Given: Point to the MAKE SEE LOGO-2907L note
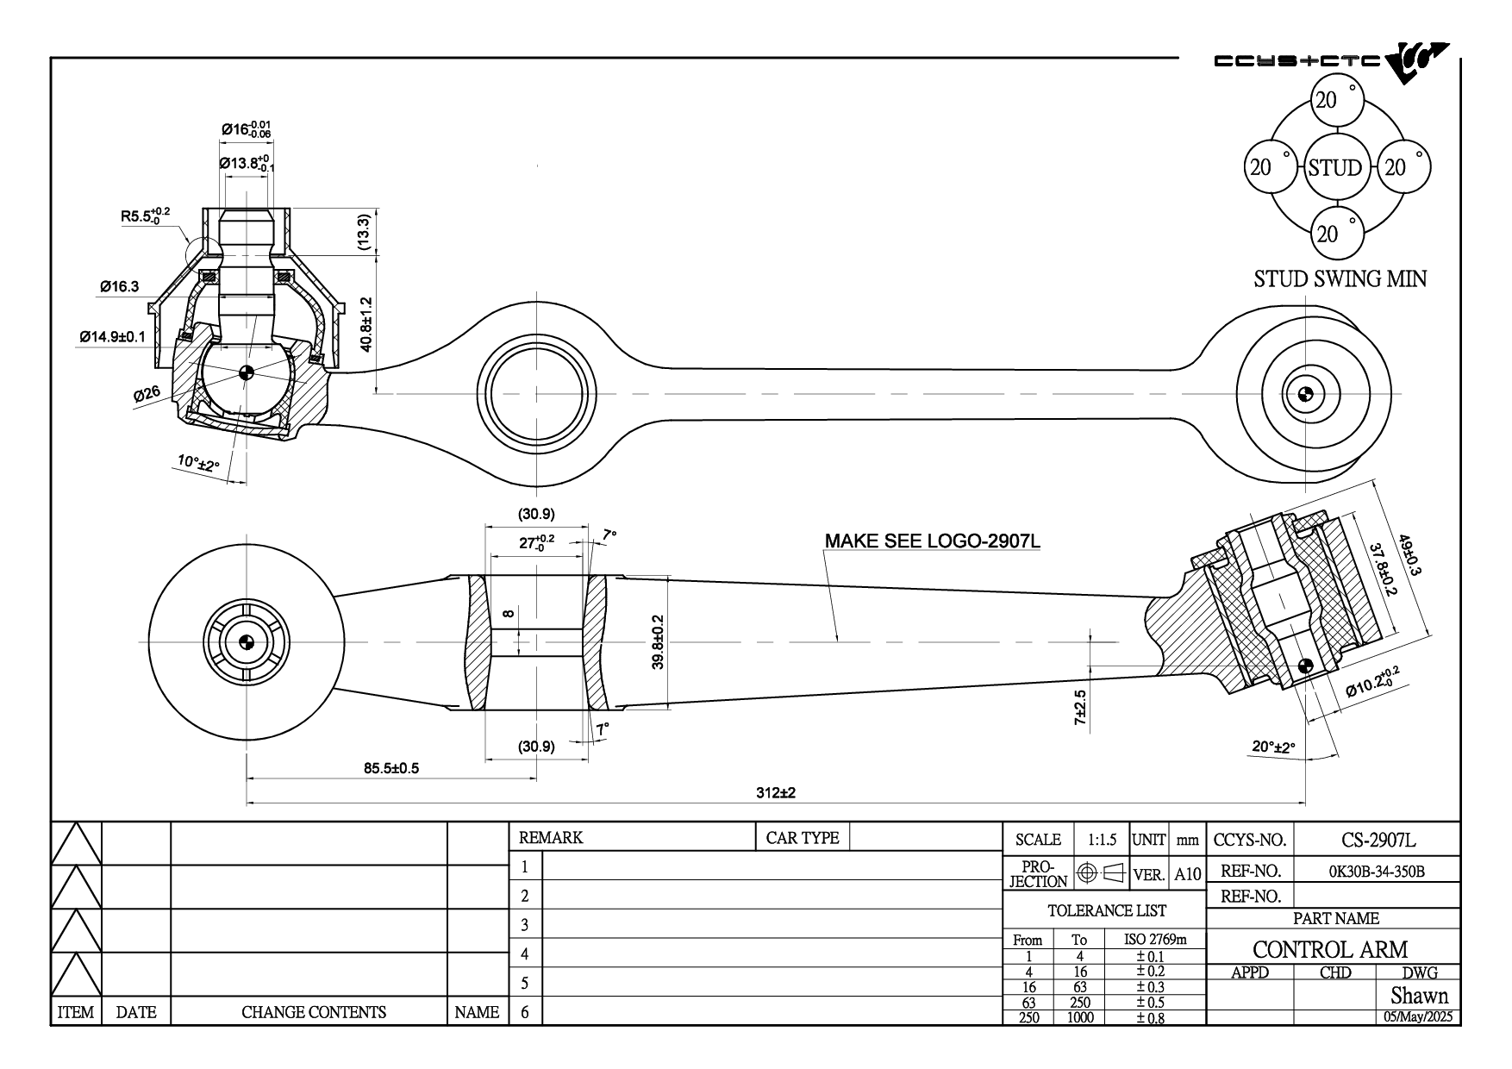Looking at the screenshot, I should coord(933,541).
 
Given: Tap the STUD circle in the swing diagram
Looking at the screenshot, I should coord(1334,167).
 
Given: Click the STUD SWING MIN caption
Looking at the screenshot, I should coord(1340,279).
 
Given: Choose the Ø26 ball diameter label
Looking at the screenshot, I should coord(147,394).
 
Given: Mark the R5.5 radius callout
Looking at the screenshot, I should coord(146,216).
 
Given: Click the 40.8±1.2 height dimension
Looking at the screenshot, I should coord(366,325).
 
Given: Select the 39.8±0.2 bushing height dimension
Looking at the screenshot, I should coord(658,642).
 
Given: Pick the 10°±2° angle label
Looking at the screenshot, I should coord(199,464).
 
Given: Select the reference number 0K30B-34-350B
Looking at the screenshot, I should coord(1378,872).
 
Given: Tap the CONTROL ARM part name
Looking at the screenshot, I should coord(1330,949).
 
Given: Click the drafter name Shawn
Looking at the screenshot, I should coord(1419,996).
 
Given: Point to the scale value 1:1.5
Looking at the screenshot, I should coord(1102,840).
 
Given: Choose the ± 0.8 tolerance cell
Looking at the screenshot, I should coord(1150,1017).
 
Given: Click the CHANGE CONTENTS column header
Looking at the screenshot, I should coord(313,1012).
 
